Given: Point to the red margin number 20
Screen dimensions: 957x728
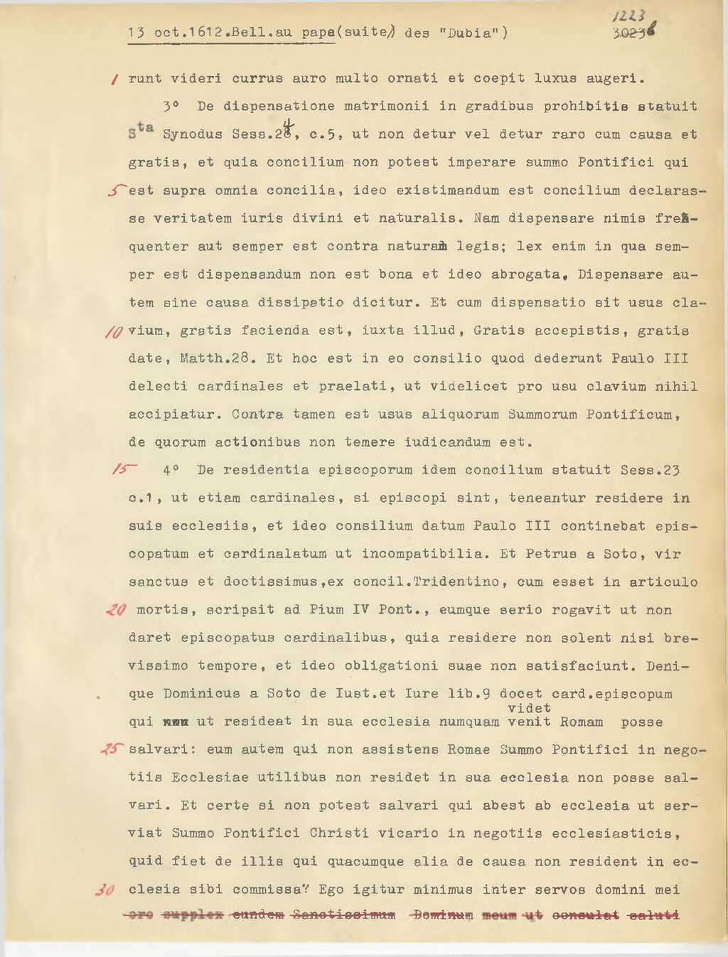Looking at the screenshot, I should tap(116, 610).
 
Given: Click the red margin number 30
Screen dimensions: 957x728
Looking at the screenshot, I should tap(105, 890).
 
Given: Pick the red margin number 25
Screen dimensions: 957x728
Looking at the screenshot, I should tap(112, 749).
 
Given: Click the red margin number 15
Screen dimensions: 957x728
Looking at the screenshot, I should tap(123, 471).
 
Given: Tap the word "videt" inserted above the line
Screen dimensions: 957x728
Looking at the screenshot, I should tap(529, 708).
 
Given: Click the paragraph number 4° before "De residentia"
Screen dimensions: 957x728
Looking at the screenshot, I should tap(171, 471).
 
